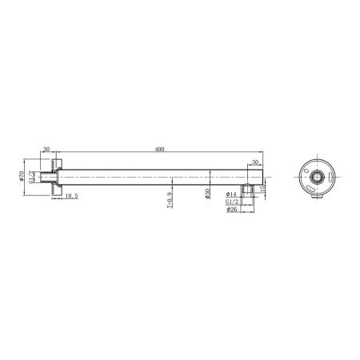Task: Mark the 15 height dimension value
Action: tap(262, 188)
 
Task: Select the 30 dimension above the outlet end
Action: tap(254, 162)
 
